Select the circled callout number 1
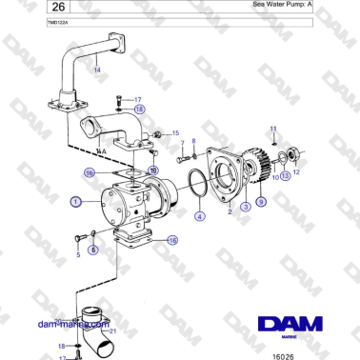point(75,202)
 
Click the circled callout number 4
point(199,216)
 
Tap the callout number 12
point(296,172)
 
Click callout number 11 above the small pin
point(272,128)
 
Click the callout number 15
point(175,133)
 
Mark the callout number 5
point(78,255)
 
